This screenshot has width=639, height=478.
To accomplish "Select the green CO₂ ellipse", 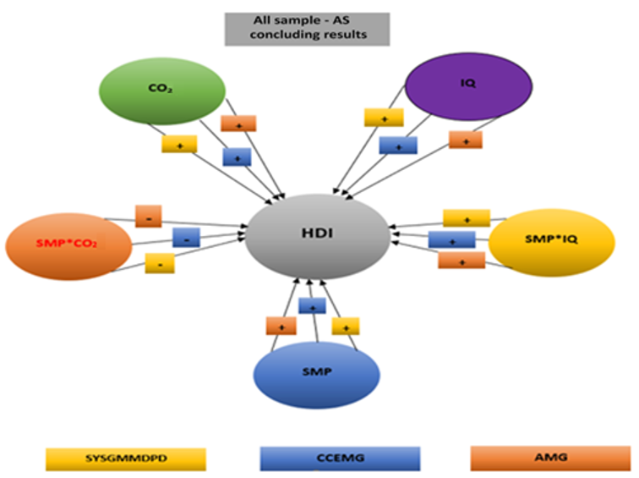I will coord(161,89).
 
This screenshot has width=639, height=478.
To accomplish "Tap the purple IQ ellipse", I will coord(468,86).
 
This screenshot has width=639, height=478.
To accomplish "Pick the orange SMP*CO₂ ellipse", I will coord(68,245).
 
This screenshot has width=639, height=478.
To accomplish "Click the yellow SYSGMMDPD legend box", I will coord(126,458).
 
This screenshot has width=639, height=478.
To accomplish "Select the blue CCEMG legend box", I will coord(340,458).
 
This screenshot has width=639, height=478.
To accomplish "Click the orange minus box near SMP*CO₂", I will coord(148,216).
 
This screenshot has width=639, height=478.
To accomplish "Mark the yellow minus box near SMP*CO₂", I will coord(160,263).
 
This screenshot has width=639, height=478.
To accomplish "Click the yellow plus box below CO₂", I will coord(179,144).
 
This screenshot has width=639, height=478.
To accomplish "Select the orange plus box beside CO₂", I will coord(238,124).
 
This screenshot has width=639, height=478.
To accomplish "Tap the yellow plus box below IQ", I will coord(384,118).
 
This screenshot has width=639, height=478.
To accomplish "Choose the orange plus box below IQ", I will coord(466,139).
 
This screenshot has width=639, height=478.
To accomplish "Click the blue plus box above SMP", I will coord(312,305).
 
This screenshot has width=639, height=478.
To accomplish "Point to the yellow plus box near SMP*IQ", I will coord(466,218).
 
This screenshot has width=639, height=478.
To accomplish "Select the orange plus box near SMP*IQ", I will coord(461,260).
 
